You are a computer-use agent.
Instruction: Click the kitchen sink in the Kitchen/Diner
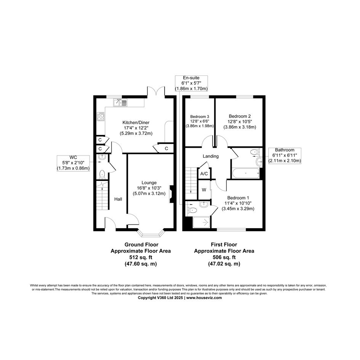click(x=120, y=102)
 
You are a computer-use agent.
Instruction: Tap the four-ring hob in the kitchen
click(x=101, y=117)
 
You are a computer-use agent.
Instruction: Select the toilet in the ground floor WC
click(x=102, y=174)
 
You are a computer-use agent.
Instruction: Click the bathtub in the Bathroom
click(x=246, y=173)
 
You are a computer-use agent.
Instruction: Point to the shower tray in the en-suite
click(x=202, y=222)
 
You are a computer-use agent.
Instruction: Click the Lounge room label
click(x=149, y=183)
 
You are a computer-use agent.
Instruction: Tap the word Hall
click(x=118, y=199)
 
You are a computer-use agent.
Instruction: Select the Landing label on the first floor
click(x=211, y=156)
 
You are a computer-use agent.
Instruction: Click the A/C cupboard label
click(x=204, y=174)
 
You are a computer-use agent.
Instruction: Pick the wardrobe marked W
click(x=204, y=190)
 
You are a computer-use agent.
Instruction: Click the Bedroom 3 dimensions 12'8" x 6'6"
click(x=200, y=121)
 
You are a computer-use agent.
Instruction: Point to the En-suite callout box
click(x=191, y=83)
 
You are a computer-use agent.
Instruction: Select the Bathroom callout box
click(x=285, y=155)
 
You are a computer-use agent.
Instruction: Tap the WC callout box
click(x=73, y=163)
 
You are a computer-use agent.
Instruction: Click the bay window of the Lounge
click(x=151, y=233)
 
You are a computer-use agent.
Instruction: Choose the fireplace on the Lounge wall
click(x=171, y=194)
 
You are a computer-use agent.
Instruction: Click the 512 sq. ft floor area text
click(x=141, y=258)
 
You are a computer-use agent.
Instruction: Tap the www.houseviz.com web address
click(x=204, y=298)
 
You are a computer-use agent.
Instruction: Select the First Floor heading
click(x=224, y=245)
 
